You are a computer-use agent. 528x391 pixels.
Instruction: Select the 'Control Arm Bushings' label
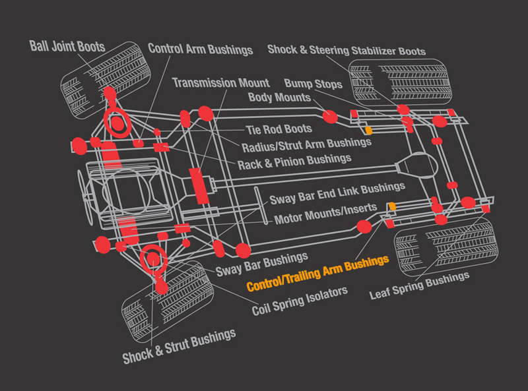click(x=200, y=49)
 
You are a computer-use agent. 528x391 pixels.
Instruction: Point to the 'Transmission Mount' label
click(x=220, y=82)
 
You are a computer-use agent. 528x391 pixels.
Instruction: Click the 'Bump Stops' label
click(x=313, y=84)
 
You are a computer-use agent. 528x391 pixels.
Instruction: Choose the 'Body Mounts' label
click(x=279, y=98)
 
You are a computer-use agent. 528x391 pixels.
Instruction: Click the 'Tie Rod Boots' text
click(x=279, y=129)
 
